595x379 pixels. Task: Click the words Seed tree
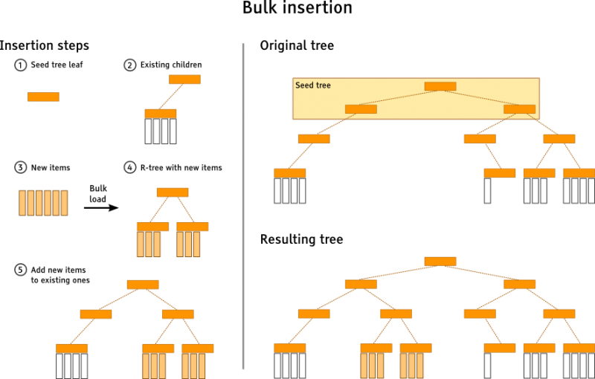(x=313, y=85)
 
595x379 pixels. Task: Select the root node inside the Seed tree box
(x=440, y=86)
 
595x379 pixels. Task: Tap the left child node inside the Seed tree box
(x=361, y=109)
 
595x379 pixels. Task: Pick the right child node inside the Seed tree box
(x=519, y=109)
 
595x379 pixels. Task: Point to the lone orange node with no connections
(x=43, y=97)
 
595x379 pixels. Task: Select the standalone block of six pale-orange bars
(x=43, y=203)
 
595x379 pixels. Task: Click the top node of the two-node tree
(x=184, y=80)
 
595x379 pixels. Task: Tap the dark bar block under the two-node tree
(x=161, y=132)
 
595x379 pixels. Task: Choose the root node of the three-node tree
(x=173, y=192)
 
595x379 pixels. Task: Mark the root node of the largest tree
(x=440, y=262)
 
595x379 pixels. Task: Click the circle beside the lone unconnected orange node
(x=21, y=65)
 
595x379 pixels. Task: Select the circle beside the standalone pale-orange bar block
(x=21, y=167)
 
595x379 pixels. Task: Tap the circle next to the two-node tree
(x=130, y=65)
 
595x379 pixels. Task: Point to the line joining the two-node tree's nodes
(x=172, y=97)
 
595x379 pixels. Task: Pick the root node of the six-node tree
(x=143, y=285)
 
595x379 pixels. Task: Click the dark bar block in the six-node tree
(x=72, y=366)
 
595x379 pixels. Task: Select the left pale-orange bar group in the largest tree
(x=372, y=366)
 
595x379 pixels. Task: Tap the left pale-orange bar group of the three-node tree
(x=149, y=244)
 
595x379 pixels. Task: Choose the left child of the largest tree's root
(x=361, y=284)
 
